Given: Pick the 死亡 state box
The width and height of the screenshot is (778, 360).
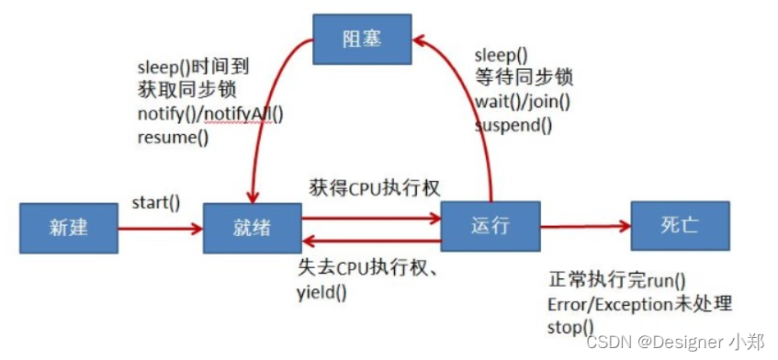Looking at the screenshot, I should coord(681,225).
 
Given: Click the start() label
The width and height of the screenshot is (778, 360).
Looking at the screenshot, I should coord(155,201).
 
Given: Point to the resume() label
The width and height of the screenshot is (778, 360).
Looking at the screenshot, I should coord(173,139).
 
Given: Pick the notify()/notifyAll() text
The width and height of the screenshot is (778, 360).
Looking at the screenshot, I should coord(210,115).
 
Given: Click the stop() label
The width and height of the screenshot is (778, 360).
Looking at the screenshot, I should coord(569,327).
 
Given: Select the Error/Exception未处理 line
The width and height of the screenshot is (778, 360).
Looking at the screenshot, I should coord(639,304).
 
